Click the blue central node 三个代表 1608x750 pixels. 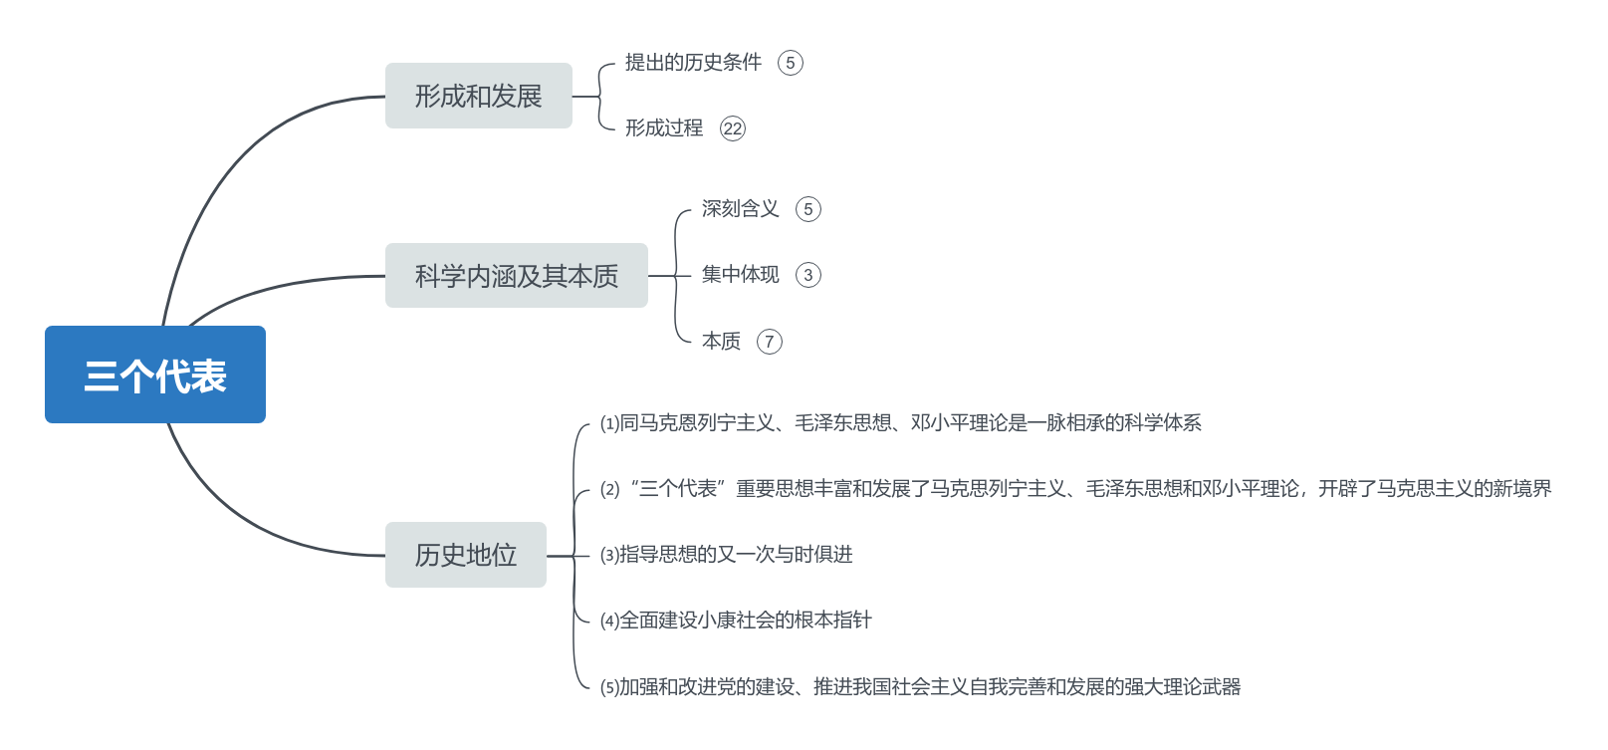[x=155, y=375]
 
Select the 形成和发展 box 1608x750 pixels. [x=478, y=96]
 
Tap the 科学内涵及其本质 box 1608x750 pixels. [x=516, y=276]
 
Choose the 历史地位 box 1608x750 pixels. [x=465, y=555]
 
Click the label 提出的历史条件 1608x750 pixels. [x=693, y=63]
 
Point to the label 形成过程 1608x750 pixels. [x=664, y=128]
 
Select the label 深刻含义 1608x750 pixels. [x=740, y=209]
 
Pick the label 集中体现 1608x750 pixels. [x=740, y=275]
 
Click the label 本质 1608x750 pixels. [x=721, y=342]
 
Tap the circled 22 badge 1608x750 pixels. [x=733, y=128]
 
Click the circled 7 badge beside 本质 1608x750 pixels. [x=770, y=342]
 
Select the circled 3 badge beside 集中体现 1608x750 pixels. [x=808, y=275]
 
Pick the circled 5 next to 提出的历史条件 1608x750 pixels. [x=791, y=63]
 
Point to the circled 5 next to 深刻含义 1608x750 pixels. [x=808, y=209]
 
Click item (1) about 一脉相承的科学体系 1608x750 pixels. [x=900, y=423]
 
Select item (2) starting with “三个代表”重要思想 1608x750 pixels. [x=1075, y=489]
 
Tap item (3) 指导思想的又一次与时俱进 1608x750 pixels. [x=726, y=555]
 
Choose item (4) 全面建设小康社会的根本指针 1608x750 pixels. [x=736, y=621]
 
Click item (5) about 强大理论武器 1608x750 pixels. [x=920, y=687]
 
